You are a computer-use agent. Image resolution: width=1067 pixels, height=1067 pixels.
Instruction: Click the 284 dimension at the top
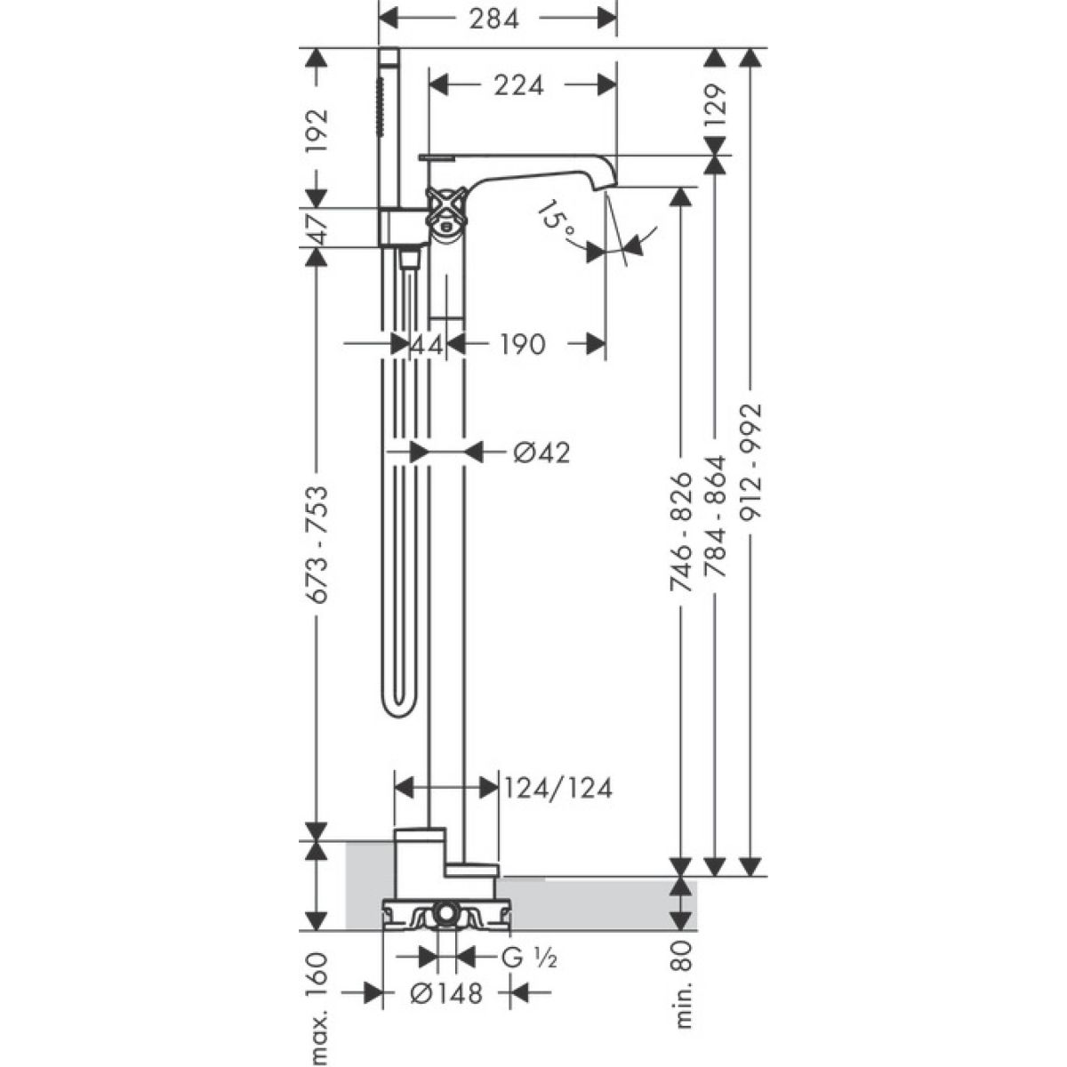coord(493,20)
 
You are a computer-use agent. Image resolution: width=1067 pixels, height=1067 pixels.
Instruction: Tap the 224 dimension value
coord(518,86)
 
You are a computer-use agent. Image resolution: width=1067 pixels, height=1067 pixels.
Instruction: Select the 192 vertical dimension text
coord(317,134)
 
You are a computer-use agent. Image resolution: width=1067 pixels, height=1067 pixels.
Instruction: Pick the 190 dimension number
coord(523,344)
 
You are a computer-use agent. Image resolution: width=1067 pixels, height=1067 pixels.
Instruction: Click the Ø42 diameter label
coord(541,453)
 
